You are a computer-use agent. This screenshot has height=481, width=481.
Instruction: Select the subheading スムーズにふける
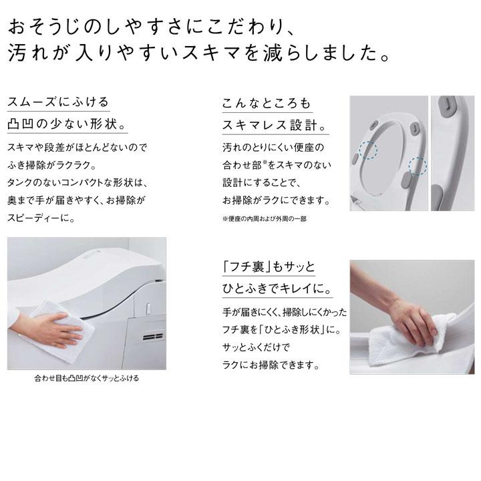point(57,104)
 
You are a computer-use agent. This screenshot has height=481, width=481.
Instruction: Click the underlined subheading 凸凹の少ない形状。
point(65,126)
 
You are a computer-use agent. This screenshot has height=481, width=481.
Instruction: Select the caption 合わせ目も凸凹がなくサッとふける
point(87,378)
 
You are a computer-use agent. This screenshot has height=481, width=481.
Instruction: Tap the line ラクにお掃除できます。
point(271,365)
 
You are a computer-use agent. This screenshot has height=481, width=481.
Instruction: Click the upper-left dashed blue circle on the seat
point(367,150)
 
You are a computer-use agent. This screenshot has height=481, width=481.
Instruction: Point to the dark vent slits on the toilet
point(154,335)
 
